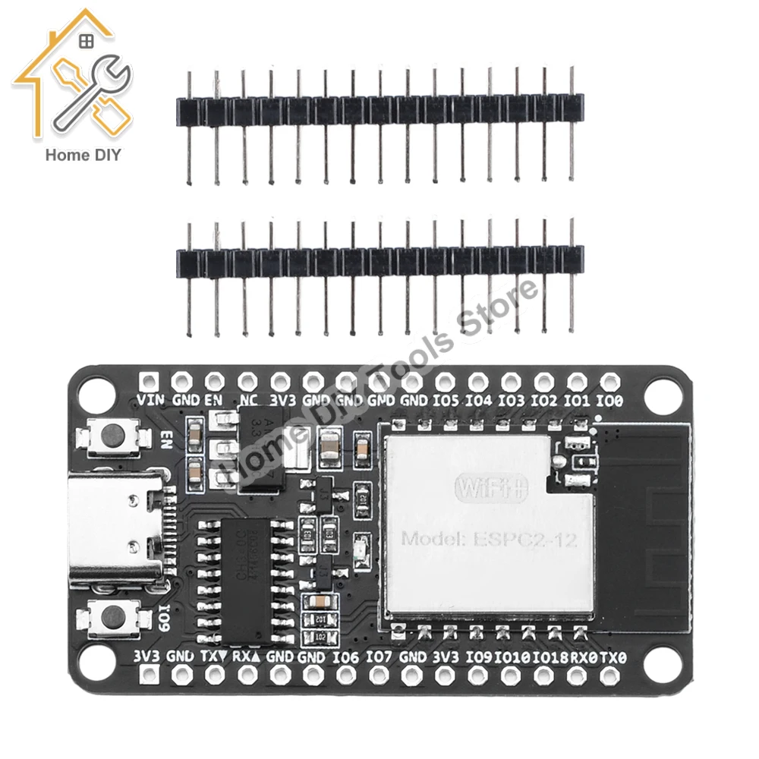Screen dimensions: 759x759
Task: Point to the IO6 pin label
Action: (x=345, y=657)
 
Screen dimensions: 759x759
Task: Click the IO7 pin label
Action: (x=379, y=657)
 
